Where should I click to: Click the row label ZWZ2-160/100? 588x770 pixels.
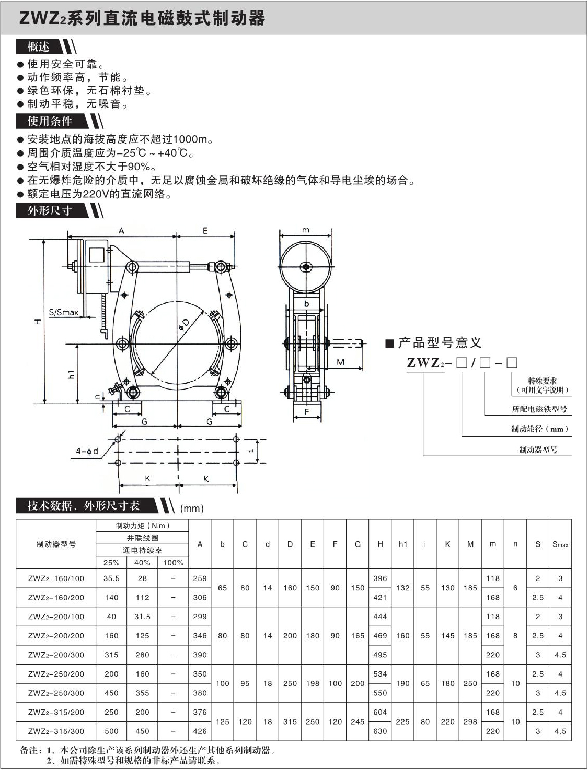coord(56,578)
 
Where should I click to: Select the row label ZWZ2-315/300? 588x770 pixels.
coord(56,731)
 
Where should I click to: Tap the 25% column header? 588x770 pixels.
coord(111,563)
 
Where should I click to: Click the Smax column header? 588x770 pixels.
coord(560,544)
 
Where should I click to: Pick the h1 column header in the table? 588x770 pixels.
coord(403,544)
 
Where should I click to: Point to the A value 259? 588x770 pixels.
coord(200,578)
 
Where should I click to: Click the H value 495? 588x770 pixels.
coord(380,655)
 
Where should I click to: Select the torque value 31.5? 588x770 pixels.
coord(142,617)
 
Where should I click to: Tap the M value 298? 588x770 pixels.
coord(470,721)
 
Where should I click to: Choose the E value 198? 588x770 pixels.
coord(313,683)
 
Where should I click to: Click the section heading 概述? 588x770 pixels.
coord(39,47)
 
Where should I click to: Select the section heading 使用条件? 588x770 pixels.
coord(50,121)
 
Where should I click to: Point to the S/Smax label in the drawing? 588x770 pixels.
coord(64,313)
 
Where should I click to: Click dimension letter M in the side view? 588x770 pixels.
coord(341,362)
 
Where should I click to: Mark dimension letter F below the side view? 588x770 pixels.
coord(307,412)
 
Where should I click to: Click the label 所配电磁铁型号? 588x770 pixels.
coord(539,409)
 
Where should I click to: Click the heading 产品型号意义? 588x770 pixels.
coord(439,343)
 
